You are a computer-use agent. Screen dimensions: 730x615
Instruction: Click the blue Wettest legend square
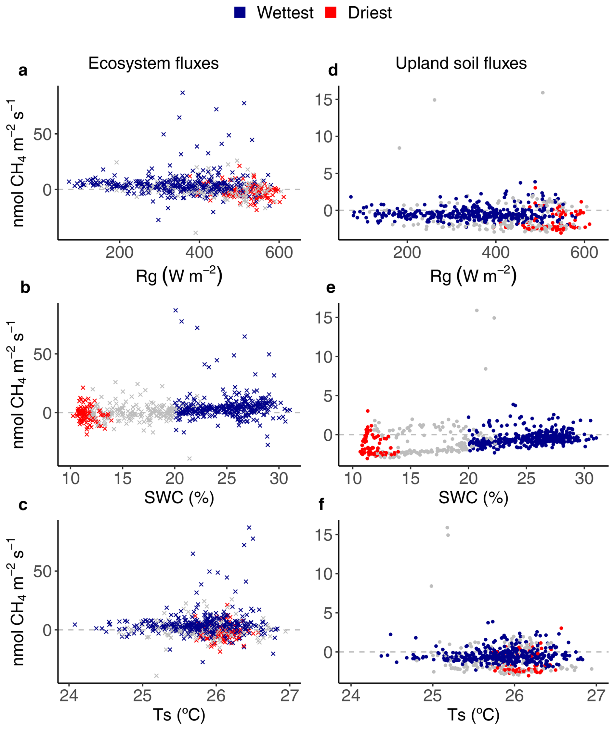pos(240,13)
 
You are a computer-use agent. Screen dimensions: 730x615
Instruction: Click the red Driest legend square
pos(331,13)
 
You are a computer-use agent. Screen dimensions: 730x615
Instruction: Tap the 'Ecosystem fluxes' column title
pos(153,63)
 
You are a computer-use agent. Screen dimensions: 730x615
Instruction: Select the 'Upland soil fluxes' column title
pos(461,63)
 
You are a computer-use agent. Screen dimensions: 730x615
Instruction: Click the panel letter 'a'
pos(23,71)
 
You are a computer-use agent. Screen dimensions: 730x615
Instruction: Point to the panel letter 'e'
pos(331,288)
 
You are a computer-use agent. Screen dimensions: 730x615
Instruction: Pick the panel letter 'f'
pos(321,505)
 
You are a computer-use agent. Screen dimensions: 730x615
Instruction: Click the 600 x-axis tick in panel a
pos(279,253)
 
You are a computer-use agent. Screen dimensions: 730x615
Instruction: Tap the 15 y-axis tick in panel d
pos(324,100)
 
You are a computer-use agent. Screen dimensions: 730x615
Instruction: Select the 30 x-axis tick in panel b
pos(279,479)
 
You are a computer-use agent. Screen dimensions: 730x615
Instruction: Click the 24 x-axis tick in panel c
pos(69,696)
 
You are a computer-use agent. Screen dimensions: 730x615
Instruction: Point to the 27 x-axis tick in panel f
pos(596,696)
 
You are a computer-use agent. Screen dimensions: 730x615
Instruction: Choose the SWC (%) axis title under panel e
pos(473,498)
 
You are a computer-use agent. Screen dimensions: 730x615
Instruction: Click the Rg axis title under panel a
pos(179,276)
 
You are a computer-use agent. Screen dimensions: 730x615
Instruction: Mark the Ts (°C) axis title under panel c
pos(179,715)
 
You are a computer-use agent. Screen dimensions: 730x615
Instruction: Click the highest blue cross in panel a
pos(182,93)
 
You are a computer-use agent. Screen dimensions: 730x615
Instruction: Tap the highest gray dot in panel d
pos(543,93)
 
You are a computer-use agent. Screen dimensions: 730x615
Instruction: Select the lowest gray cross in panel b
pos(189,458)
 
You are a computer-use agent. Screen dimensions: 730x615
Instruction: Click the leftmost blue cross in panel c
pos(75,624)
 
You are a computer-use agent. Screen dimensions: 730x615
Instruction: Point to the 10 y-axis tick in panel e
pos(324,357)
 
